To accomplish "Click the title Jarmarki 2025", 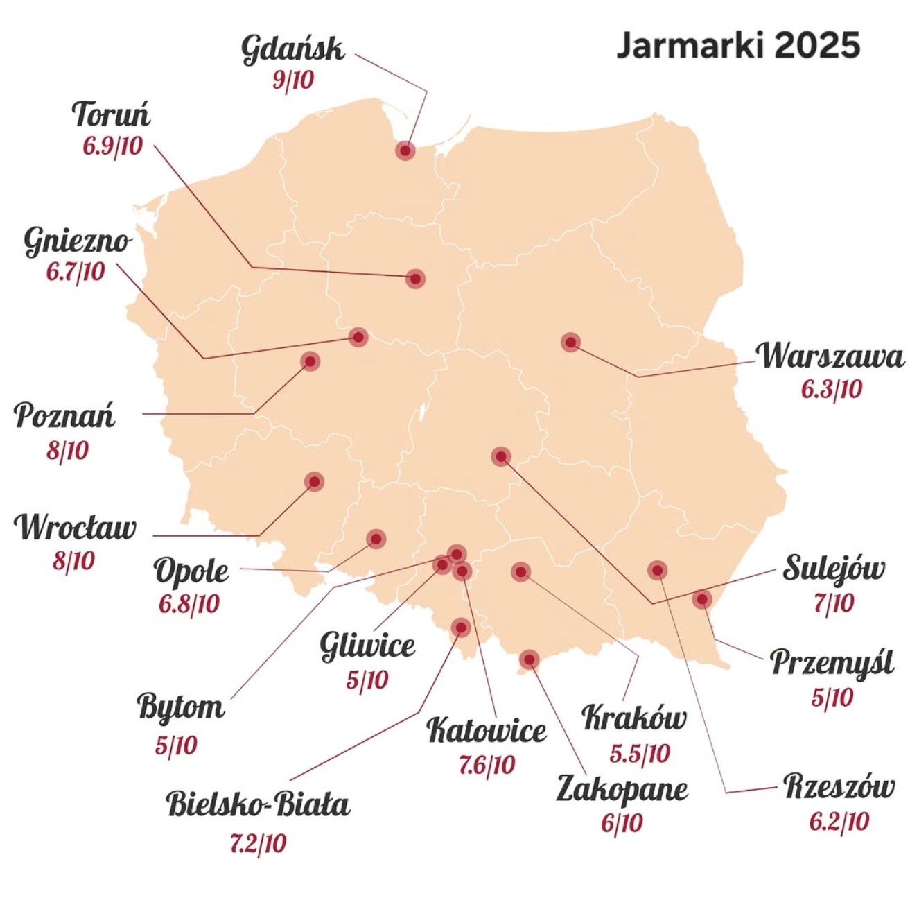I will point(737,46).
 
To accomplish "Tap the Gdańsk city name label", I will point(292,50).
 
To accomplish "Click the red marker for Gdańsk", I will point(405,150).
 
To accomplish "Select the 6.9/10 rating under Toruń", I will point(113,146).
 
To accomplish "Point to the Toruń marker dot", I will point(415,279).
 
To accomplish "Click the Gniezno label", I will point(77,241).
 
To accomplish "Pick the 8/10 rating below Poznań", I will point(68,451).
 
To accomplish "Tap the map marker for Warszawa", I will point(570,342).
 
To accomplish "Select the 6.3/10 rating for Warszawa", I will point(831,389).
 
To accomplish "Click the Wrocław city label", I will point(76,528).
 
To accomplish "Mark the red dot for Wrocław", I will point(314,481).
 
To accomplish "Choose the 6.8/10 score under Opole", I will point(189,604).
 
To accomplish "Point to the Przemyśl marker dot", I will point(701,598).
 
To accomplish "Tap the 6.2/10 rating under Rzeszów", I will point(839,822).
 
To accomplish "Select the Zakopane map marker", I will point(529,659).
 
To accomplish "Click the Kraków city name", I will point(634,718).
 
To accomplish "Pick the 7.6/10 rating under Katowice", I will point(487,765).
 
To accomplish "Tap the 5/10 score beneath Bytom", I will point(176,745).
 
